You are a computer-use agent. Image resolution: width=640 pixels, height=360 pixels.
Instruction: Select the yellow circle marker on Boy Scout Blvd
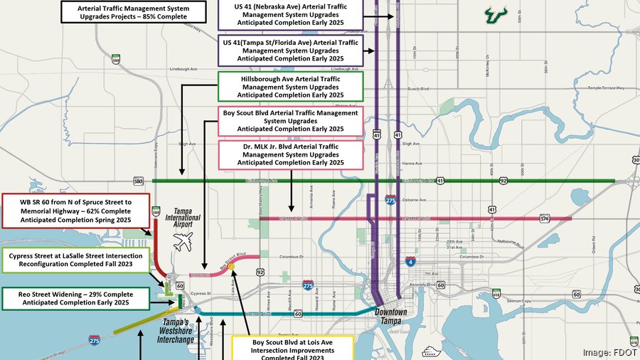pyautogui.click(x=231, y=265)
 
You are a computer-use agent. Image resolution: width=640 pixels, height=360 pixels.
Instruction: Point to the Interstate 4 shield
pyautogui.click(x=410, y=262)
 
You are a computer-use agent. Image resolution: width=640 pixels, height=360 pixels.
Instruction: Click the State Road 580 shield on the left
pyautogui.click(x=137, y=181)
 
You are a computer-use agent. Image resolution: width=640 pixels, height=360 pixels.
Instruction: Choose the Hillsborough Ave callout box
pyautogui.click(x=289, y=85)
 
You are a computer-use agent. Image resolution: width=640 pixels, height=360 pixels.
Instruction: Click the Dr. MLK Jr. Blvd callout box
pyautogui.click(x=289, y=154)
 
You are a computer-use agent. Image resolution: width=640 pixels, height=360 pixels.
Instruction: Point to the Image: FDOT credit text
pyautogui.click(x=609, y=352)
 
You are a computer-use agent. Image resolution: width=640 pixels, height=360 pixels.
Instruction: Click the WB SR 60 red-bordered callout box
pyautogui.click(x=76, y=211)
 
